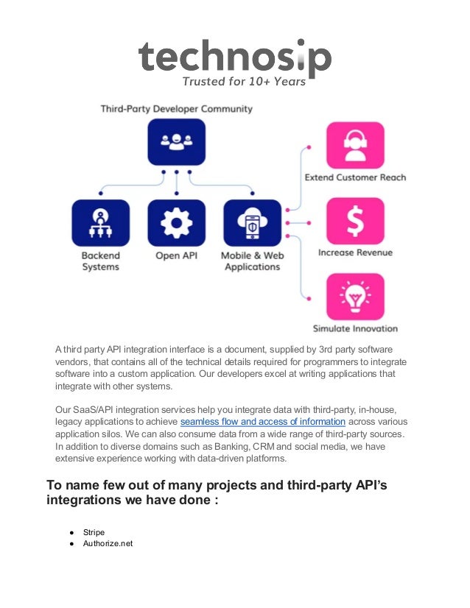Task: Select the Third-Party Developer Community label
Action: pos(177,109)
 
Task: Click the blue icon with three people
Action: pos(176,143)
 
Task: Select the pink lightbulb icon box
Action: pos(355,297)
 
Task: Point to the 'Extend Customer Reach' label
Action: pos(355,177)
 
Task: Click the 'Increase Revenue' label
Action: pos(355,252)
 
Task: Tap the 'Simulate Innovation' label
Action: pos(355,328)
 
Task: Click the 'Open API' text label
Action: pos(176,255)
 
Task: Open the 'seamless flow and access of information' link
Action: pos(262,422)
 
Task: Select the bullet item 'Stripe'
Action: pos(94,531)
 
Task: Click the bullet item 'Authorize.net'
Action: pos(108,544)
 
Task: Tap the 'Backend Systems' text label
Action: pos(100,261)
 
